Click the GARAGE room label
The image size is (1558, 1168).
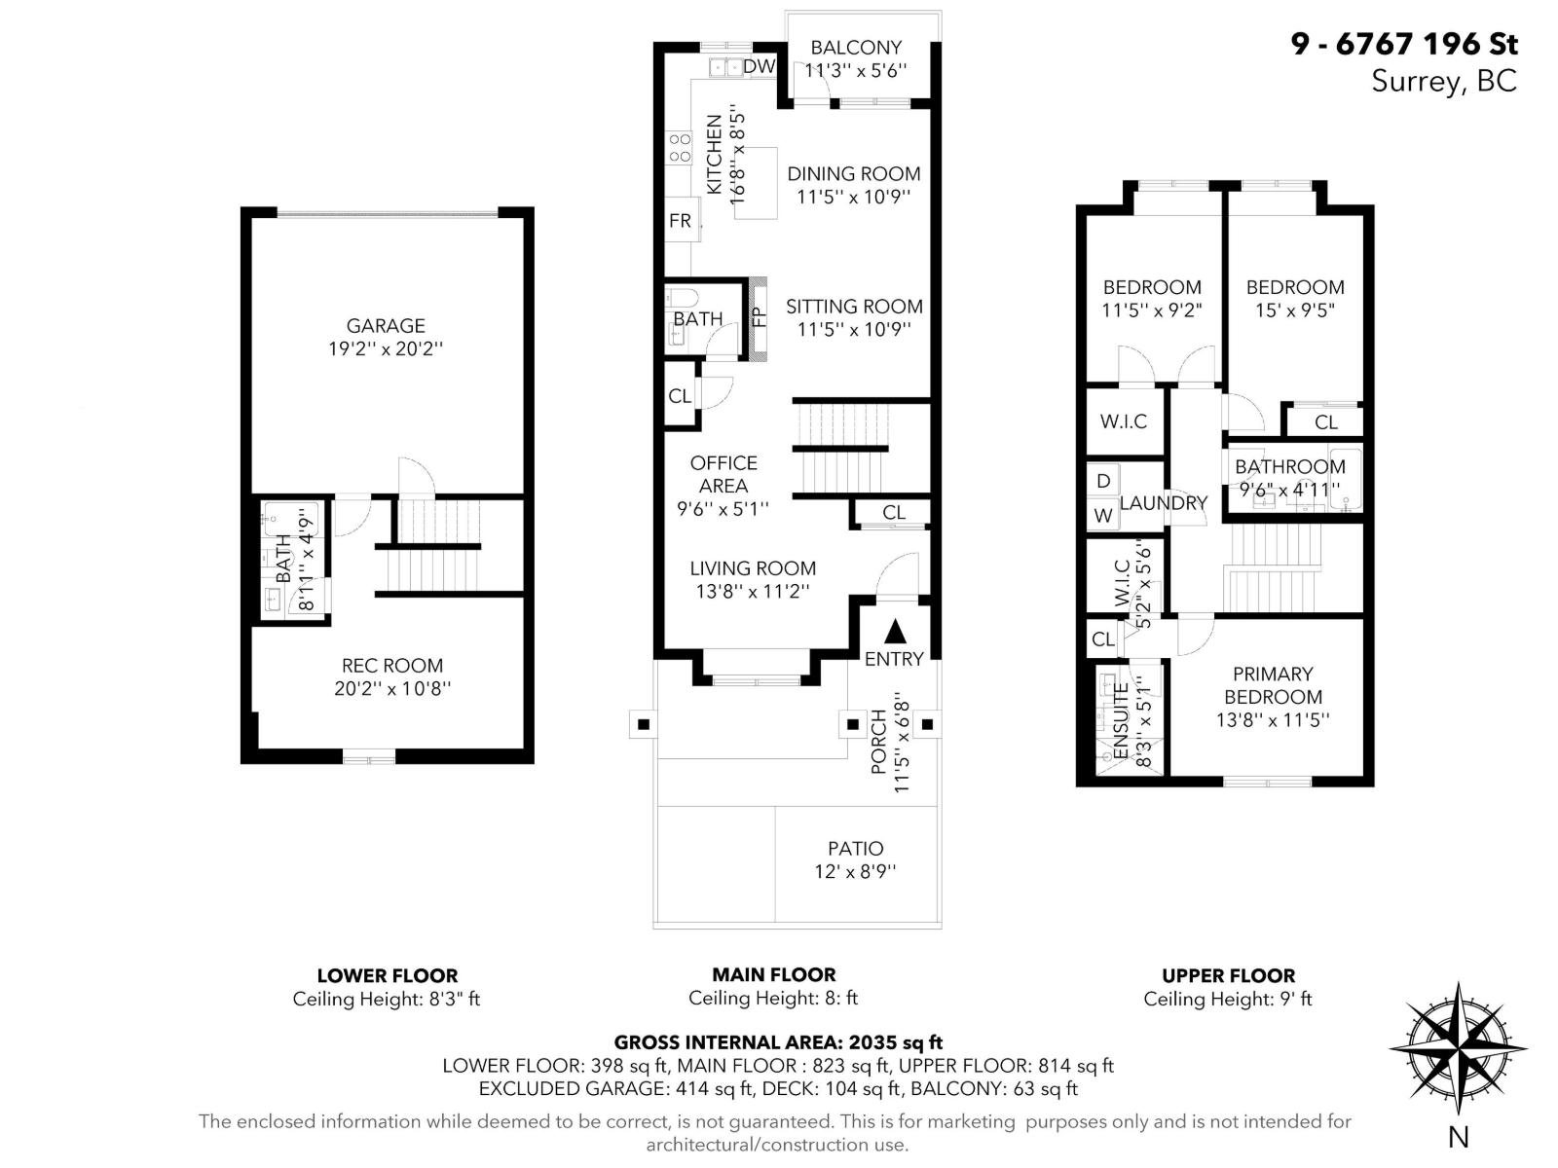click(x=386, y=326)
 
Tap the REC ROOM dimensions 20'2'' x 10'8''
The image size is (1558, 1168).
click(x=391, y=689)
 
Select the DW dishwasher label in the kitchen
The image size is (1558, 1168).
click(x=759, y=66)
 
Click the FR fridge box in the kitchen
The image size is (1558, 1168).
click(x=680, y=221)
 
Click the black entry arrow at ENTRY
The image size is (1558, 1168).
click(x=896, y=632)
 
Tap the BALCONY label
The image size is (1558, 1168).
click(x=856, y=47)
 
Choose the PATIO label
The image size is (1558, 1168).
click(x=856, y=849)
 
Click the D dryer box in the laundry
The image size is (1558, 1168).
click(x=1103, y=480)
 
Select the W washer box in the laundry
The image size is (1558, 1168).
click(x=1103, y=516)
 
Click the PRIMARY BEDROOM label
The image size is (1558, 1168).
click(x=1273, y=685)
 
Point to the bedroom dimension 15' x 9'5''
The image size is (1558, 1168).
click(x=1294, y=310)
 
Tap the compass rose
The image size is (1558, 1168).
click(x=1458, y=1049)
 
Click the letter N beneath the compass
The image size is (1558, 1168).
click(x=1458, y=1136)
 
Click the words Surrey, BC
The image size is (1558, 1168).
click(x=1443, y=81)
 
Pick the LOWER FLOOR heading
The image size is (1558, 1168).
click(x=387, y=975)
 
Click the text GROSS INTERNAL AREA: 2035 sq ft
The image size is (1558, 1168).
click(x=777, y=1042)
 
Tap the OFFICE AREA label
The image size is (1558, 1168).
click(x=723, y=474)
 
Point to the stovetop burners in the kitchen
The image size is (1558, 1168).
click(x=680, y=148)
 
